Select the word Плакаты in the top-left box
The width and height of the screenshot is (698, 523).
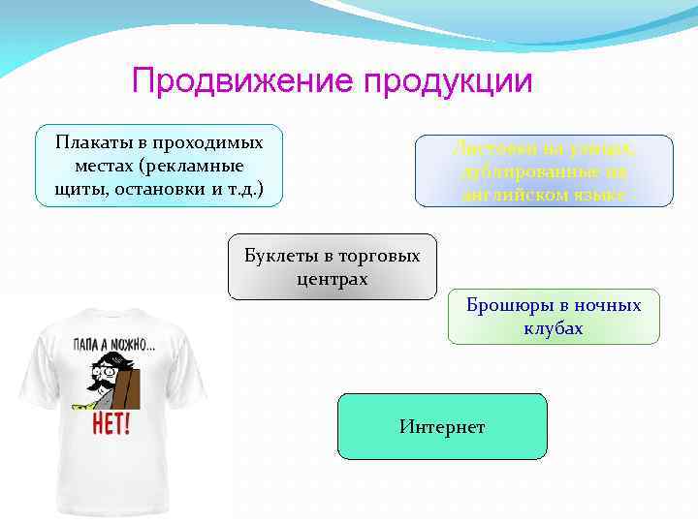pos(89,143)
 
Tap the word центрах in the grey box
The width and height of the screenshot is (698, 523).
pos(332,279)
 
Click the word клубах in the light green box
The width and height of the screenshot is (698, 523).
pos(553,328)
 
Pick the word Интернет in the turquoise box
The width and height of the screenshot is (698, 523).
pos(441,427)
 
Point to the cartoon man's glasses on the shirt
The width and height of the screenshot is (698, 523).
pos(107,369)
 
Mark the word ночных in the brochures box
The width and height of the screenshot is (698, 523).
pos(607,305)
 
